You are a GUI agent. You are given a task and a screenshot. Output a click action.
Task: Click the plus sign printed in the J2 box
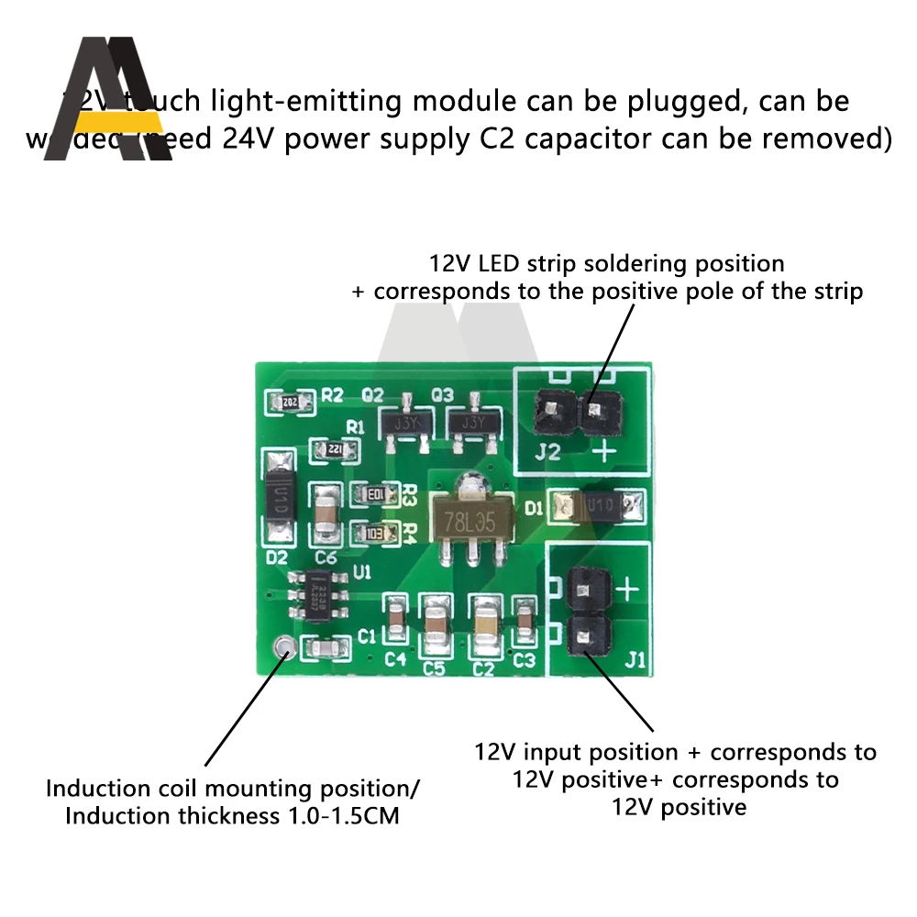point(605,450)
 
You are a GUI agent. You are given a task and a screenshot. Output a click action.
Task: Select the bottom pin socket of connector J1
point(590,635)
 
